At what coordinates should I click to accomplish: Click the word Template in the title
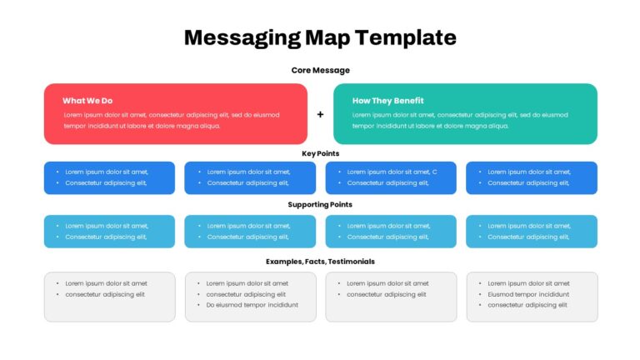(405, 37)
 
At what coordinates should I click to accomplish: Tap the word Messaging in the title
(242, 38)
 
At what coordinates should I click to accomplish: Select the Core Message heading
(320, 71)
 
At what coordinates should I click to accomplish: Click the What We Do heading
(87, 101)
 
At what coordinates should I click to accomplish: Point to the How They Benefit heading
(387, 101)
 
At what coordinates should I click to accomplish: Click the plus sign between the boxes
(320, 115)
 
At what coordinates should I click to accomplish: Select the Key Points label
(320, 154)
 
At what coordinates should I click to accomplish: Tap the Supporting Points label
(320, 204)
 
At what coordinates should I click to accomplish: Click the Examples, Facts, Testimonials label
(320, 262)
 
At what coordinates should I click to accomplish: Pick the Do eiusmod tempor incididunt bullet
(252, 305)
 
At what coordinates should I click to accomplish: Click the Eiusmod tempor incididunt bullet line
(528, 294)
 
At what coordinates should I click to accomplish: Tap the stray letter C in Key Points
(435, 172)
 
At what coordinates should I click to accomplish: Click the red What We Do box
(176, 114)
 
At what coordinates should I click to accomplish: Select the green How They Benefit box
(465, 114)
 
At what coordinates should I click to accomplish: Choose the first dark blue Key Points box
(109, 178)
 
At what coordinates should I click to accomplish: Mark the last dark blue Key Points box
(532, 178)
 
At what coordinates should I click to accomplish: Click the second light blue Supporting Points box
(250, 232)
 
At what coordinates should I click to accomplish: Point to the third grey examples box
(391, 297)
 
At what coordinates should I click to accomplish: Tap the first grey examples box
(110, 297)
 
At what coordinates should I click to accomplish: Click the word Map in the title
(327, 38)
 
